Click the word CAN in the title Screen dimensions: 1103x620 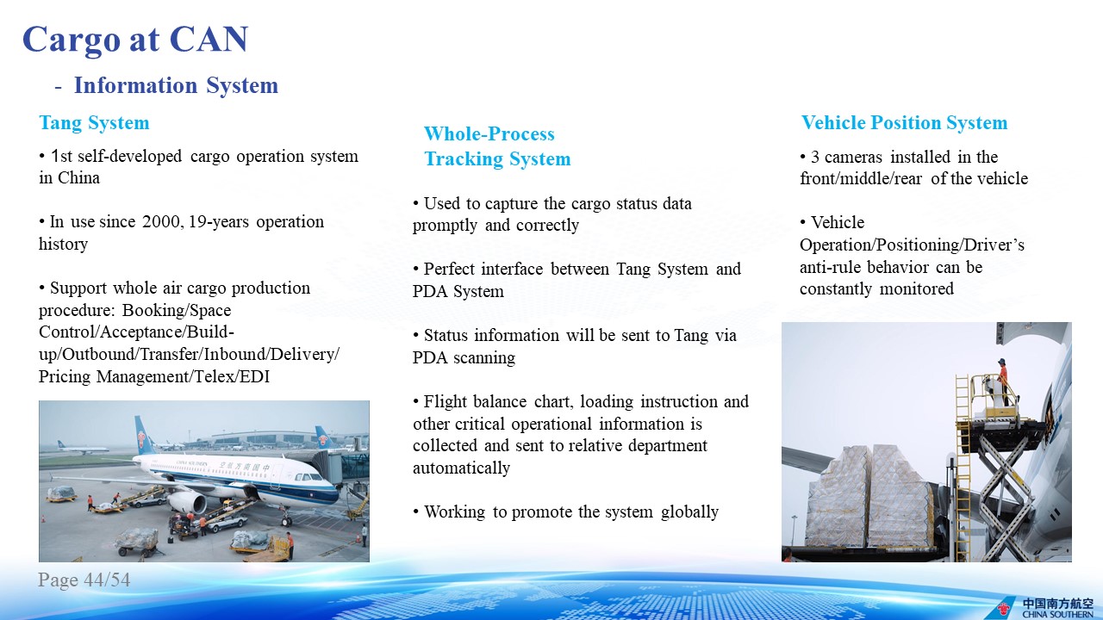(x=209, y=39)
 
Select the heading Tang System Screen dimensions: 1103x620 (x=94, y=123)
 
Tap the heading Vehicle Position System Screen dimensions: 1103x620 (x=904, y=123)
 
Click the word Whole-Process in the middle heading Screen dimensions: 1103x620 (x=489, y=133)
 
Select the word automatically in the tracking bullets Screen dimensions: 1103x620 (x=461, y=468)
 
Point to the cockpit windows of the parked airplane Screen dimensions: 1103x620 (x=308, y=477)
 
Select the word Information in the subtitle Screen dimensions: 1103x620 (x=134, y=85)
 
